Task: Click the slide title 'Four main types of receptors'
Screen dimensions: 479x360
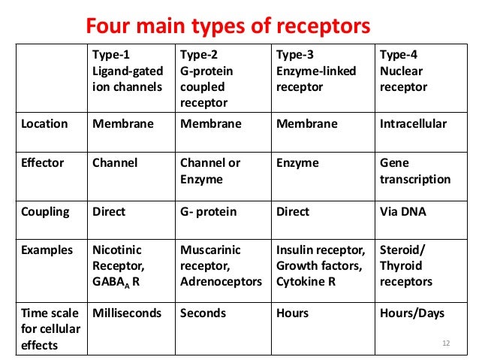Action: pos(228,27)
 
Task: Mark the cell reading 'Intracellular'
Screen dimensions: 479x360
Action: pos(413,124)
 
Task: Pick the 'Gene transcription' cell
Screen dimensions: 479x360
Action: pos(415,171)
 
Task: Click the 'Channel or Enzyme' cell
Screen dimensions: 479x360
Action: pos(210,171)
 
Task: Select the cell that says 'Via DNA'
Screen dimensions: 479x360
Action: pos(403,212)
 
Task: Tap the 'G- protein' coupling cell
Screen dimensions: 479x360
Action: pos(209,212)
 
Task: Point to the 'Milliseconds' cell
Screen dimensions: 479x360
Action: pos(126,313)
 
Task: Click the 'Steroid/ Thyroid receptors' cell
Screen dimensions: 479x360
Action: pos(406,266)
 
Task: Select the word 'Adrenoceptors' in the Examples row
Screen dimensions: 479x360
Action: pos(221,282)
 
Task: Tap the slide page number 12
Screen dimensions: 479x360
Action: pos(445,343)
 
